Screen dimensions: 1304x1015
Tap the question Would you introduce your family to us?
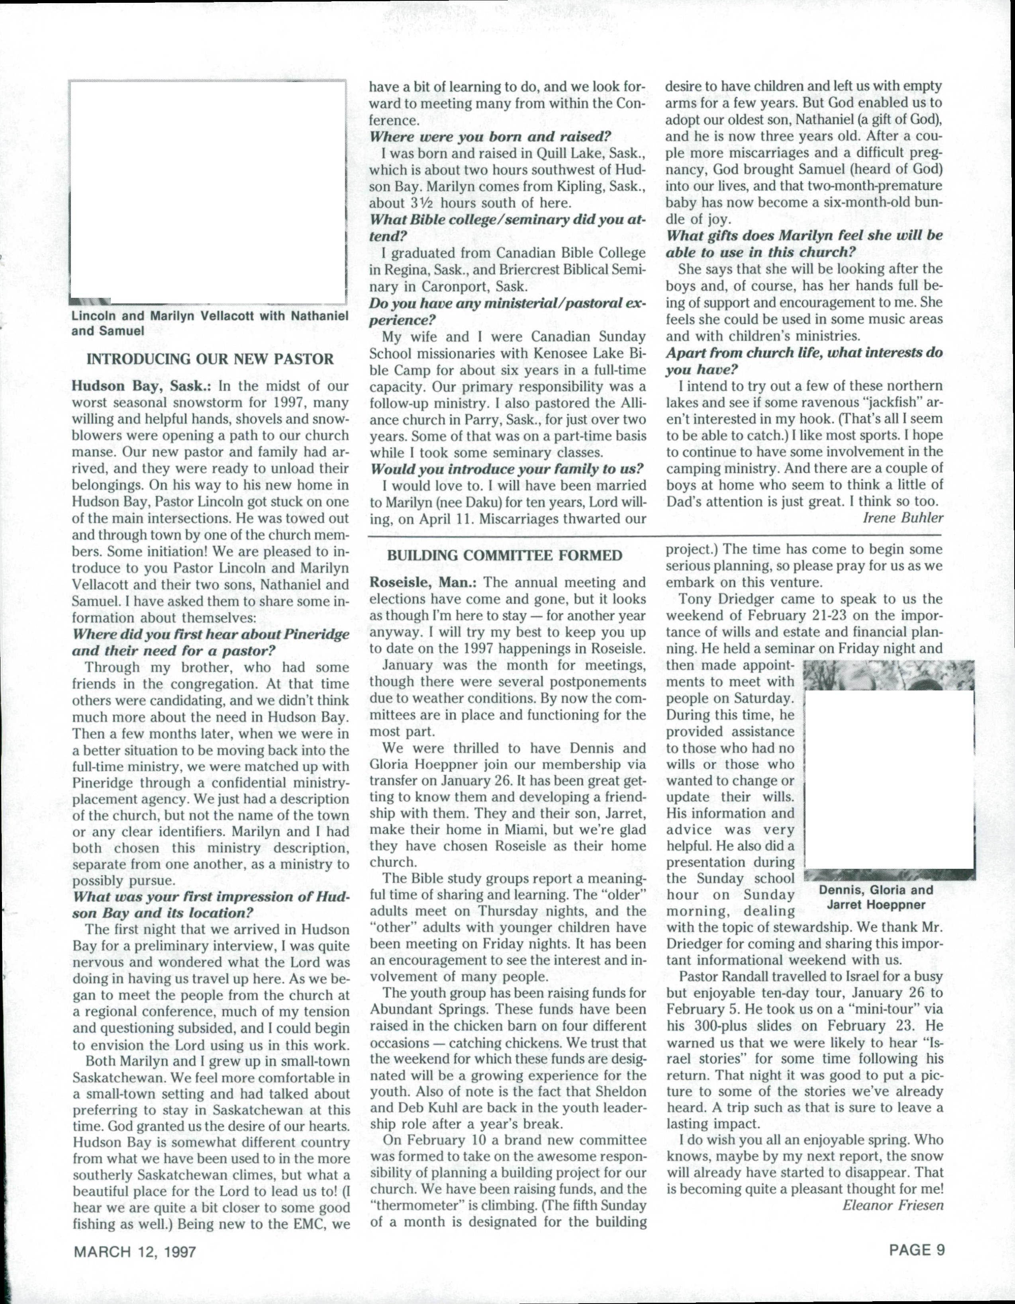(507, 468)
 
